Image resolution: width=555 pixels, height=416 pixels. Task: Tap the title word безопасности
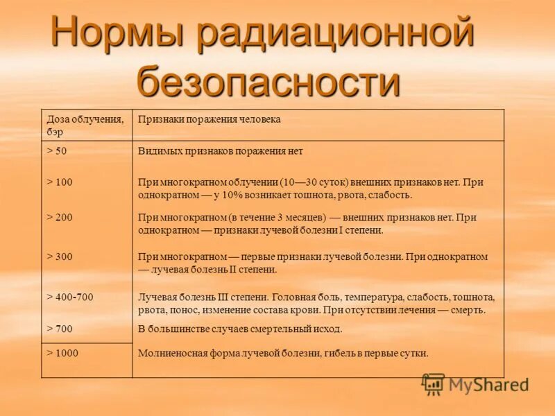click(x=268, y=80)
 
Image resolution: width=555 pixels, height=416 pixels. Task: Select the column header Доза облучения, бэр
click(x=85, y=125)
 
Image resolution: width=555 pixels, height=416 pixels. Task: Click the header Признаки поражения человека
click(x=209, y=119)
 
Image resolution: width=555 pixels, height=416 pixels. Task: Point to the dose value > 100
click(x=59, y=182)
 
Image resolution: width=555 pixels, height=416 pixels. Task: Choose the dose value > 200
click(x=59, y=217)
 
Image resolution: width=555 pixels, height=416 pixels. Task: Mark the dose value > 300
click(x=59, y=257)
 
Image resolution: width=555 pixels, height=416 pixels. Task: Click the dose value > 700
click(x=59, y=329)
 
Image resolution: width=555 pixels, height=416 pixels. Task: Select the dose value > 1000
click(x=62, y=353)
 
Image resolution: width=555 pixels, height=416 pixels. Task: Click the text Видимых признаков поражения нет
click(x=221, y=150)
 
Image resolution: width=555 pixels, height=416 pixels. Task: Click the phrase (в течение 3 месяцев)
click(x=247, y=217)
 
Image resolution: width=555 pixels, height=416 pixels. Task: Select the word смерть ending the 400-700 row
click(x=470, y=310)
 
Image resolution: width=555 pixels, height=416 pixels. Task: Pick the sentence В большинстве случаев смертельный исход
click(x=240, y=329)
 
